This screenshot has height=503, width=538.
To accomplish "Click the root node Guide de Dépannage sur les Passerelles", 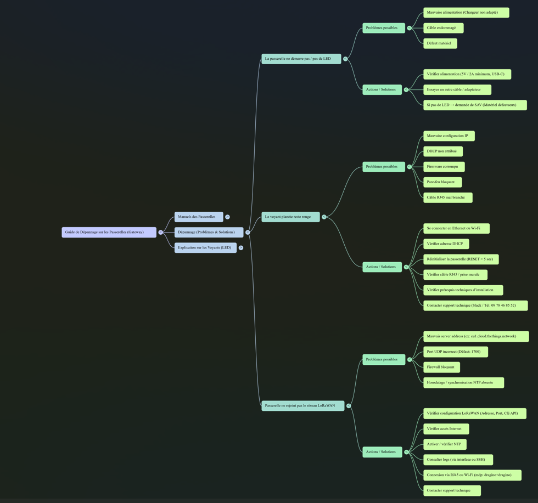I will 109,232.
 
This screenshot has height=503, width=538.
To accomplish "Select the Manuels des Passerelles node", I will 199,217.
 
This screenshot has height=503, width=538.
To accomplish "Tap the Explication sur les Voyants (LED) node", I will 205,247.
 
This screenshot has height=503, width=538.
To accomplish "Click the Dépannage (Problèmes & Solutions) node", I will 209,232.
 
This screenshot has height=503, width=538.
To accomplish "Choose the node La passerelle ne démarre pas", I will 301,59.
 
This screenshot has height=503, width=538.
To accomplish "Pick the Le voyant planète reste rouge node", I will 290,217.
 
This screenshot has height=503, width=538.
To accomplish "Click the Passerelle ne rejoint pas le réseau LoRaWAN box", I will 302,405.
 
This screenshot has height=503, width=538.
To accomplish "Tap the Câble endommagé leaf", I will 443,27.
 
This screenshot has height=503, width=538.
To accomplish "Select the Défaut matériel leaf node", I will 440,43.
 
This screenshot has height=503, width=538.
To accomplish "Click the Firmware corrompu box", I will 444,166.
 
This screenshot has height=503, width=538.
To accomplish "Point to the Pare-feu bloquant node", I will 442,182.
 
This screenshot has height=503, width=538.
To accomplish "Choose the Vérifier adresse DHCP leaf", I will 446,244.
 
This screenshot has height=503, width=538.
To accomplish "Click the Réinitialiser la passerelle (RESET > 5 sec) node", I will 461,259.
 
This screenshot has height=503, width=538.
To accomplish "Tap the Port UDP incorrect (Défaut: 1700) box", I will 455,352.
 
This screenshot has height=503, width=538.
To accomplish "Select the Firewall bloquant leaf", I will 441,367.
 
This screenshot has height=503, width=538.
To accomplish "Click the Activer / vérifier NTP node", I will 445,444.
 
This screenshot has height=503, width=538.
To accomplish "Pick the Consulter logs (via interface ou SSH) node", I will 458,459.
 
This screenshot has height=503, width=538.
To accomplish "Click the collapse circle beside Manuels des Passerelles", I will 227,217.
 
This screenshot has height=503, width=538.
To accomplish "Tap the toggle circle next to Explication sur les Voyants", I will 240,247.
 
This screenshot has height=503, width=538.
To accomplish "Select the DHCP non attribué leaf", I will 442,151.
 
